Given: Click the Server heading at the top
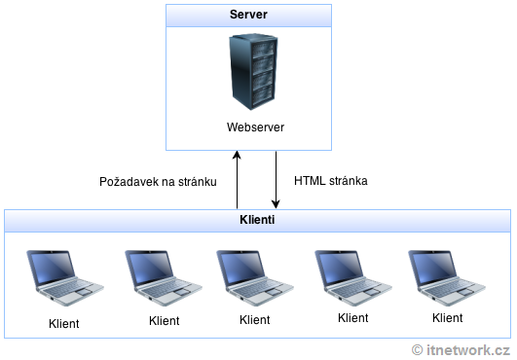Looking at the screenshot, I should pos(249,16).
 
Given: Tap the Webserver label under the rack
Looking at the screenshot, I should pos(248,127).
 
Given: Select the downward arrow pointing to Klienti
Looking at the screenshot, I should pos(277,180).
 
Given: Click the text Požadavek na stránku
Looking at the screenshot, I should pos(157,182).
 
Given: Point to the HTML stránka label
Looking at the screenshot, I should pos(329,181).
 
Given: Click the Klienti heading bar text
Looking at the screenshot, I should pos(256,221).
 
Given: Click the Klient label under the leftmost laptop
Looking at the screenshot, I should pos(63,322).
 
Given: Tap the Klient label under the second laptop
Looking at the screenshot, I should pos(165,319).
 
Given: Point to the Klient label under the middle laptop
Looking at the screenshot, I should pos(254,319).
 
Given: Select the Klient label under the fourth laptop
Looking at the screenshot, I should pos(353,317).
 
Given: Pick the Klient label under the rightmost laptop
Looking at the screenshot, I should pos(447,317).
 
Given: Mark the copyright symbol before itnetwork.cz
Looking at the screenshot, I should pos(418,349).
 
